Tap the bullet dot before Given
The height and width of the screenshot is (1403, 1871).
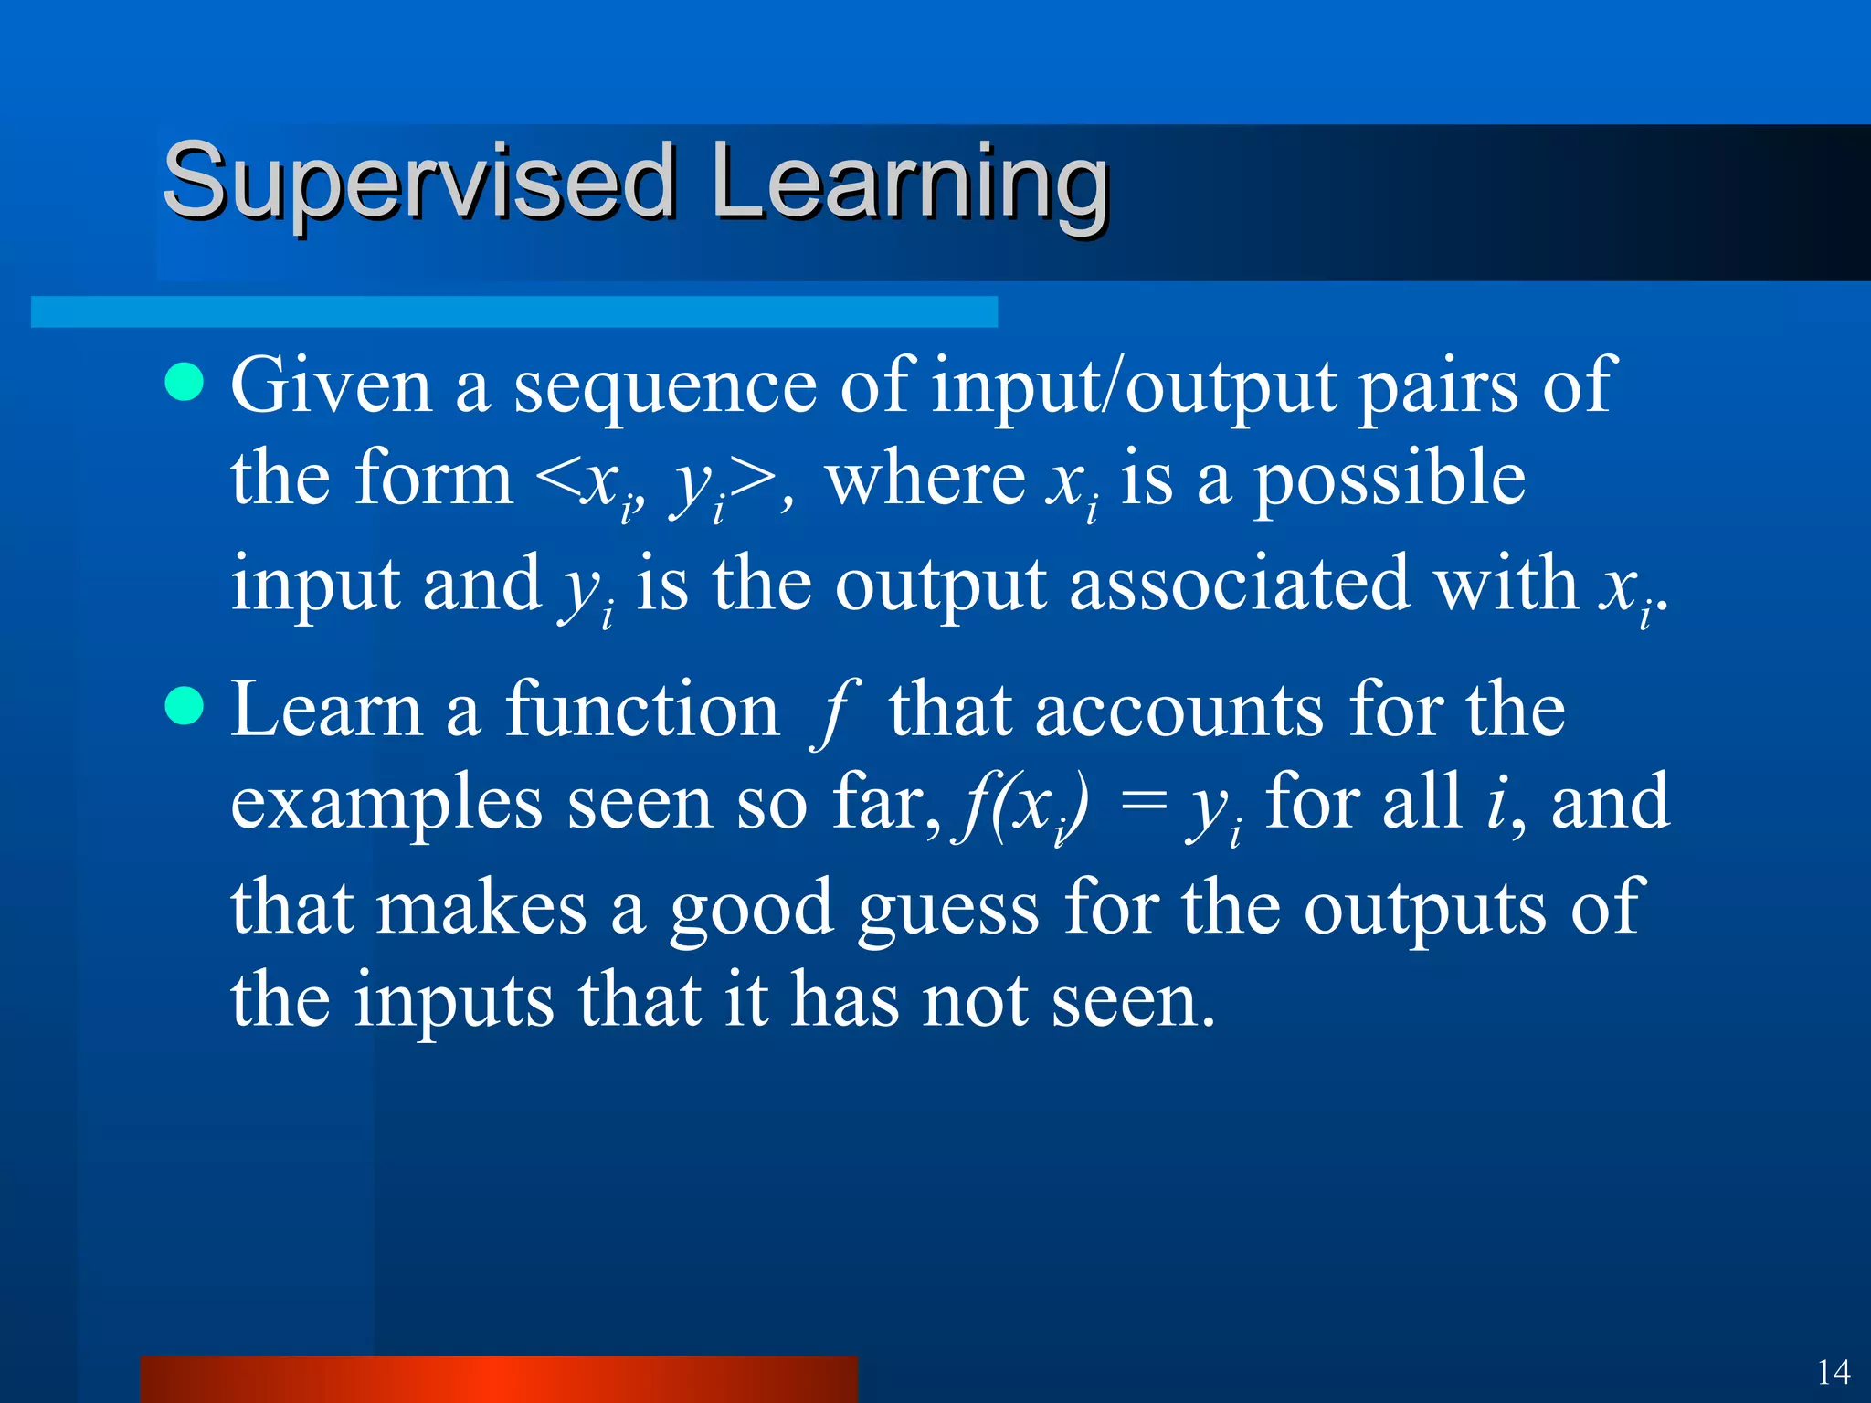(185, 382)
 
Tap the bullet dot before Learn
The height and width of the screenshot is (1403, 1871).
(185, 706)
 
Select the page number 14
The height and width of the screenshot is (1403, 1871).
(1833, 1372)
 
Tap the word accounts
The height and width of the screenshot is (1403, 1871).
(1179, 711)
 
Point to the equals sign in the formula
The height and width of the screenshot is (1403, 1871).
(1143, 802)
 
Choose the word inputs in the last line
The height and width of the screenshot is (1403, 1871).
(454, 1002)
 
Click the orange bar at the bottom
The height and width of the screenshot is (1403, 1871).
(499, 1379)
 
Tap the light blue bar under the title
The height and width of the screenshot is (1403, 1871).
(513, 311)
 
